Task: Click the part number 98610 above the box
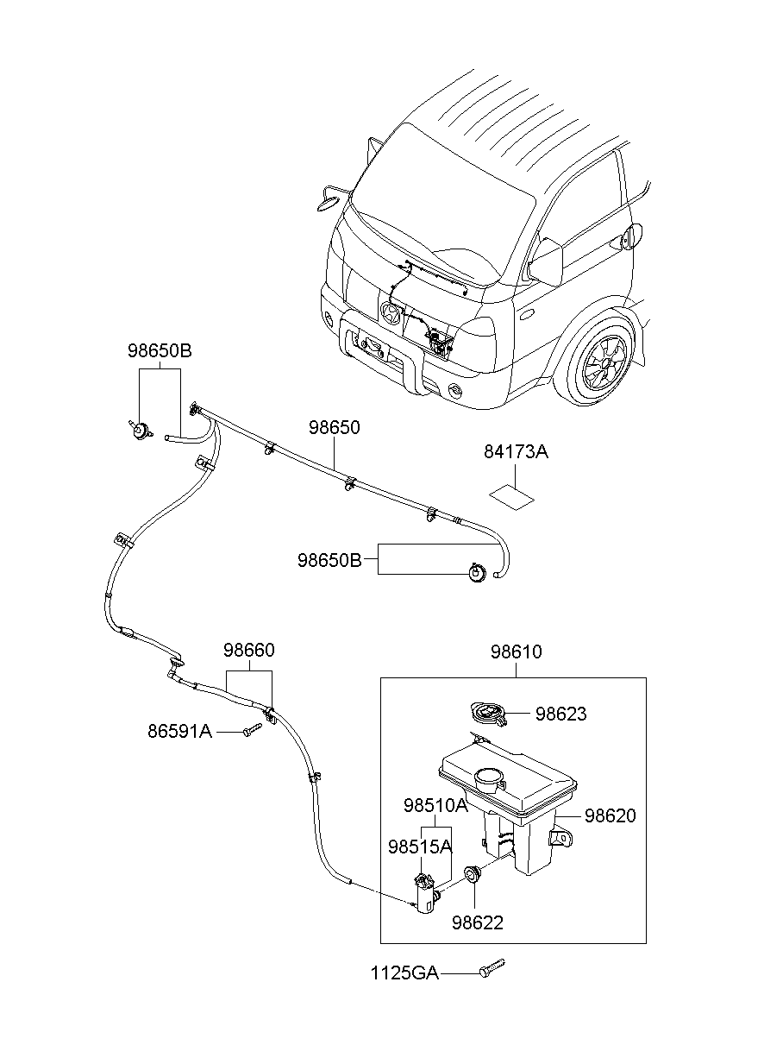[x=517, y=652]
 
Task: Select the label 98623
[x=560, y=714]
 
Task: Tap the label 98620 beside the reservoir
[x=611, y=815]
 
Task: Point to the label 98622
[x=477, y=922]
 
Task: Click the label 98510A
[x=435, y=805]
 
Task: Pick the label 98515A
[x=420, y=846]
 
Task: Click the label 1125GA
[x=404, y=973]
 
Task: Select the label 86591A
[x=179, y=732]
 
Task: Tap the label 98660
[x=249, y=650]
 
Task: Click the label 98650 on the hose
[x=335, y=427]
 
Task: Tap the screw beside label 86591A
[x=252, y=731]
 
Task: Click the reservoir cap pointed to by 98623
[x=485, y=714]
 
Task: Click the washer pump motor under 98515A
[x=425, y=894]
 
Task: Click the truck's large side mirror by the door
[x=546, y=260]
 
